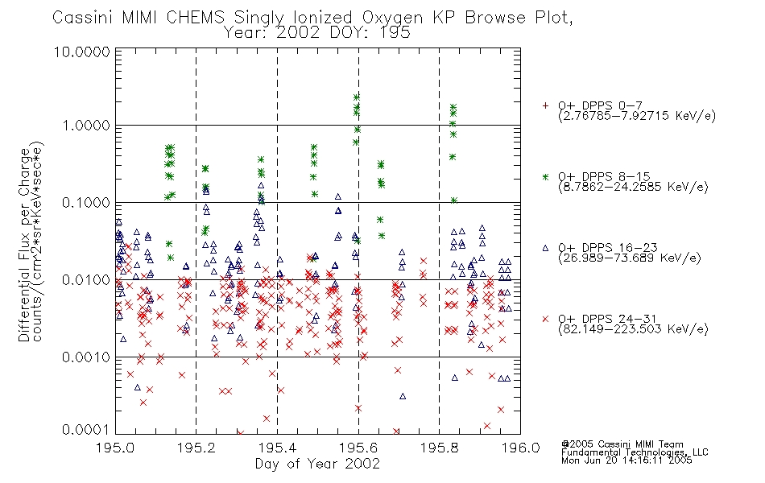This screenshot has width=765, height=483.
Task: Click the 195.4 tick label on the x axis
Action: (x=277, y=448)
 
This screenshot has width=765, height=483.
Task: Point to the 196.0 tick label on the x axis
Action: (x=520, y=448)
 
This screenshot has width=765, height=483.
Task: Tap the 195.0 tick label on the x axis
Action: (x=115, y=448)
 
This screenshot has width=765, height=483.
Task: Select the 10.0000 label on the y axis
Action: (x=82, y=52)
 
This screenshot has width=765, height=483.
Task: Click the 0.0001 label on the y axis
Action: (x=86, y=429)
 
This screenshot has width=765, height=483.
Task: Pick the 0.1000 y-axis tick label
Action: (x=86, y=203)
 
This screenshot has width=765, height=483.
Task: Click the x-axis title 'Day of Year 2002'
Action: (x=317, y=464)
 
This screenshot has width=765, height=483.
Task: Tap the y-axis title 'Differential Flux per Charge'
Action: (x=24, y=245)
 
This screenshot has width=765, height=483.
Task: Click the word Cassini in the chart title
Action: (x=82, y=18)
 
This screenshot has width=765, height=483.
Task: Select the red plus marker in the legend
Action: (x=545, y=105)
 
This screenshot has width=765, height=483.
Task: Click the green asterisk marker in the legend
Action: (x=545, y=176)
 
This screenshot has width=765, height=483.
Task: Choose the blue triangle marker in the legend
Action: (x=545, y=248)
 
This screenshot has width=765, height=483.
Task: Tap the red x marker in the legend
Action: (x=545, y=319)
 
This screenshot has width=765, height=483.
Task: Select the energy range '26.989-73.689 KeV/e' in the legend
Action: (x=630, y=258)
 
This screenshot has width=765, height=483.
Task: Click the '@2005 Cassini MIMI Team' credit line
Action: (x=622, y=444)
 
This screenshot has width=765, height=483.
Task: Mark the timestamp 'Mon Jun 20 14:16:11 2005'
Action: (x=626, y=460)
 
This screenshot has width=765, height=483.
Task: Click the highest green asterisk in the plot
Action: (x=357, y=97)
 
